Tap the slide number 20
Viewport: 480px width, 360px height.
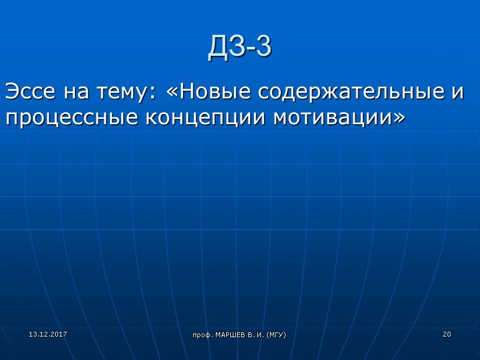click(446, 334)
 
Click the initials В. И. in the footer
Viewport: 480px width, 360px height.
click(257, 334)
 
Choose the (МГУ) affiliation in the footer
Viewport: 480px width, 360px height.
click(277, 334)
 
